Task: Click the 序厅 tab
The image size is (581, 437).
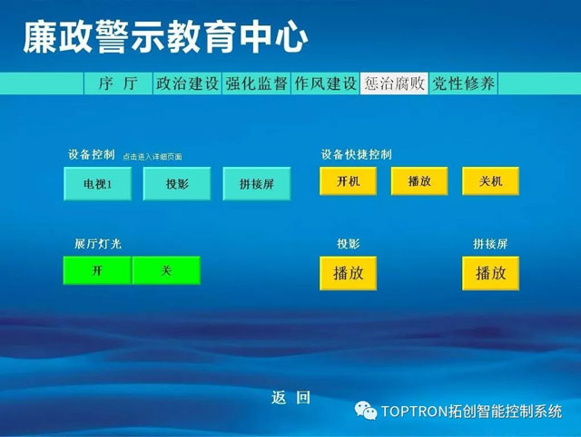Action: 118,83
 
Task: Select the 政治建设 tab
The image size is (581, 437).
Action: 187,83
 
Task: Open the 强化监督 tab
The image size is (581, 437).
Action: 256,83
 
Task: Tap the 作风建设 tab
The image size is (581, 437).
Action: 325,83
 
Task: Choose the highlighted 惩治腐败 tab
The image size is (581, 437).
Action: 394,83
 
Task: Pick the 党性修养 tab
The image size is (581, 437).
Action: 463,83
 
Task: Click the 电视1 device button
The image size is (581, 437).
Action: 97,183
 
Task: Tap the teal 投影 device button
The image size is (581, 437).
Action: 177,183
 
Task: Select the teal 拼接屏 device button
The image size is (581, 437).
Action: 256,183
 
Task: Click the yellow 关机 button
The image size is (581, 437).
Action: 490,181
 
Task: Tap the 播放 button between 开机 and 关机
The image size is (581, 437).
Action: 419,181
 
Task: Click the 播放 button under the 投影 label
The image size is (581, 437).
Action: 349,273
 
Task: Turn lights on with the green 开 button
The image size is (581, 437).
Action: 97,270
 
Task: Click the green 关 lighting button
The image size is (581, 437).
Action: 166,270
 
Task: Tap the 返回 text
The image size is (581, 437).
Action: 290,398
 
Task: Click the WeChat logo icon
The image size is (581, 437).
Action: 365,411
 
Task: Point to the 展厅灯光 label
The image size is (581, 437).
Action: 98,244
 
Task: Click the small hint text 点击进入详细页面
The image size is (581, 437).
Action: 153,157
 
